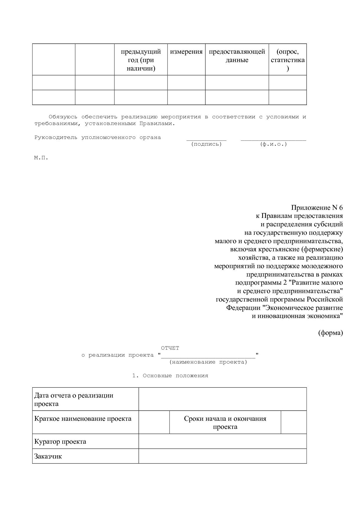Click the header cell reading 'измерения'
(x=186, y=52)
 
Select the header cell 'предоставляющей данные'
(x=237, y=56)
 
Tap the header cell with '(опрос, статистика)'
(x=287, y=60)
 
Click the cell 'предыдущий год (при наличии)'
(x=141, y=60)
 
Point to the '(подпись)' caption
(x=206, y=144)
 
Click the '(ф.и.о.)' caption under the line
(x=273, y=144)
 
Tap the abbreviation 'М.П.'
(x=41, y=158)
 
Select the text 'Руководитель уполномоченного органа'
(x=98, y=138)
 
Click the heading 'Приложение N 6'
(x=317, y=208)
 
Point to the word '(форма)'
(x=330, y=333)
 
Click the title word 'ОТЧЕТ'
(x=170, y=348)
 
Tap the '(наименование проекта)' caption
(x=208, y=362)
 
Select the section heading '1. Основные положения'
(x=170, y=376)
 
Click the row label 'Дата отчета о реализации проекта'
(x=74, y=400)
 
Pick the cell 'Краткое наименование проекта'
(x=83, y=419)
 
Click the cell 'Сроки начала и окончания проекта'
(x=225, y=423)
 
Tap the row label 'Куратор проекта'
(x=60, y=442)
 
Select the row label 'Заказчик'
(x=48, y=456)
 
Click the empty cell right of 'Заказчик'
(x=222, y=456)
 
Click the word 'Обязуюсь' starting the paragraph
(x=63, y=117)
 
